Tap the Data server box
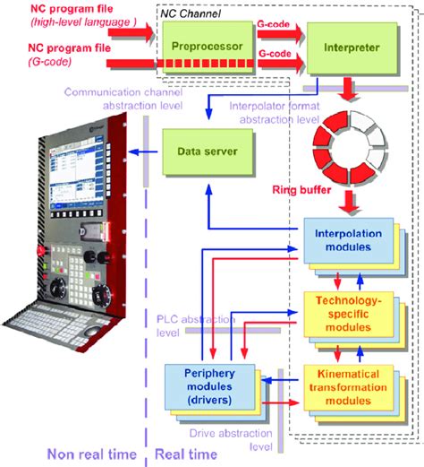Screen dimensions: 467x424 point(201,152)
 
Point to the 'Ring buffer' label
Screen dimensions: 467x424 point(303,191)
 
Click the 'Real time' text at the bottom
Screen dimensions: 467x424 point(183,454)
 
